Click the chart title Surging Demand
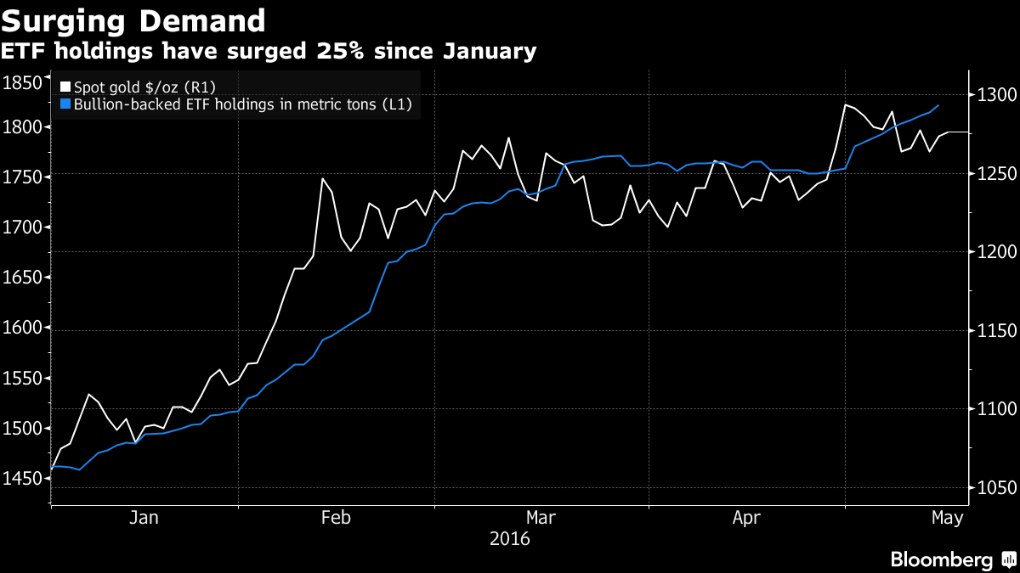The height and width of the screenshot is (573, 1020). pyautogui.click(x=133, y=20)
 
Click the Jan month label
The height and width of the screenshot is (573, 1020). pyautogui.click(x=144, y=518)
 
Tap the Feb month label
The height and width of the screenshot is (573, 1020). pyautogui.click(x=336, y=518)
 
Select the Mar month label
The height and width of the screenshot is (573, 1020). pyautogui.click(x=541, y=518)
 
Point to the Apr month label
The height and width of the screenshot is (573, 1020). pyautogui.click(x=746, y=518)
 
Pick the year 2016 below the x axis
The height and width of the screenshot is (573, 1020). pyautogui.click(x=510, y=539)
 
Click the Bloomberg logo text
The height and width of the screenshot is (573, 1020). pyautogui.click(x=941, y=559)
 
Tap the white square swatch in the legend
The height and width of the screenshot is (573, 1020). pyautogui.click(x=66, y=87)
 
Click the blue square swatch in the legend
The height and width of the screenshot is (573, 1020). pyautogui.click(x=66, y=104)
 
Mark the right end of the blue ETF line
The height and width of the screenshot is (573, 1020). pyautogui.click(x=938, y=105)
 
